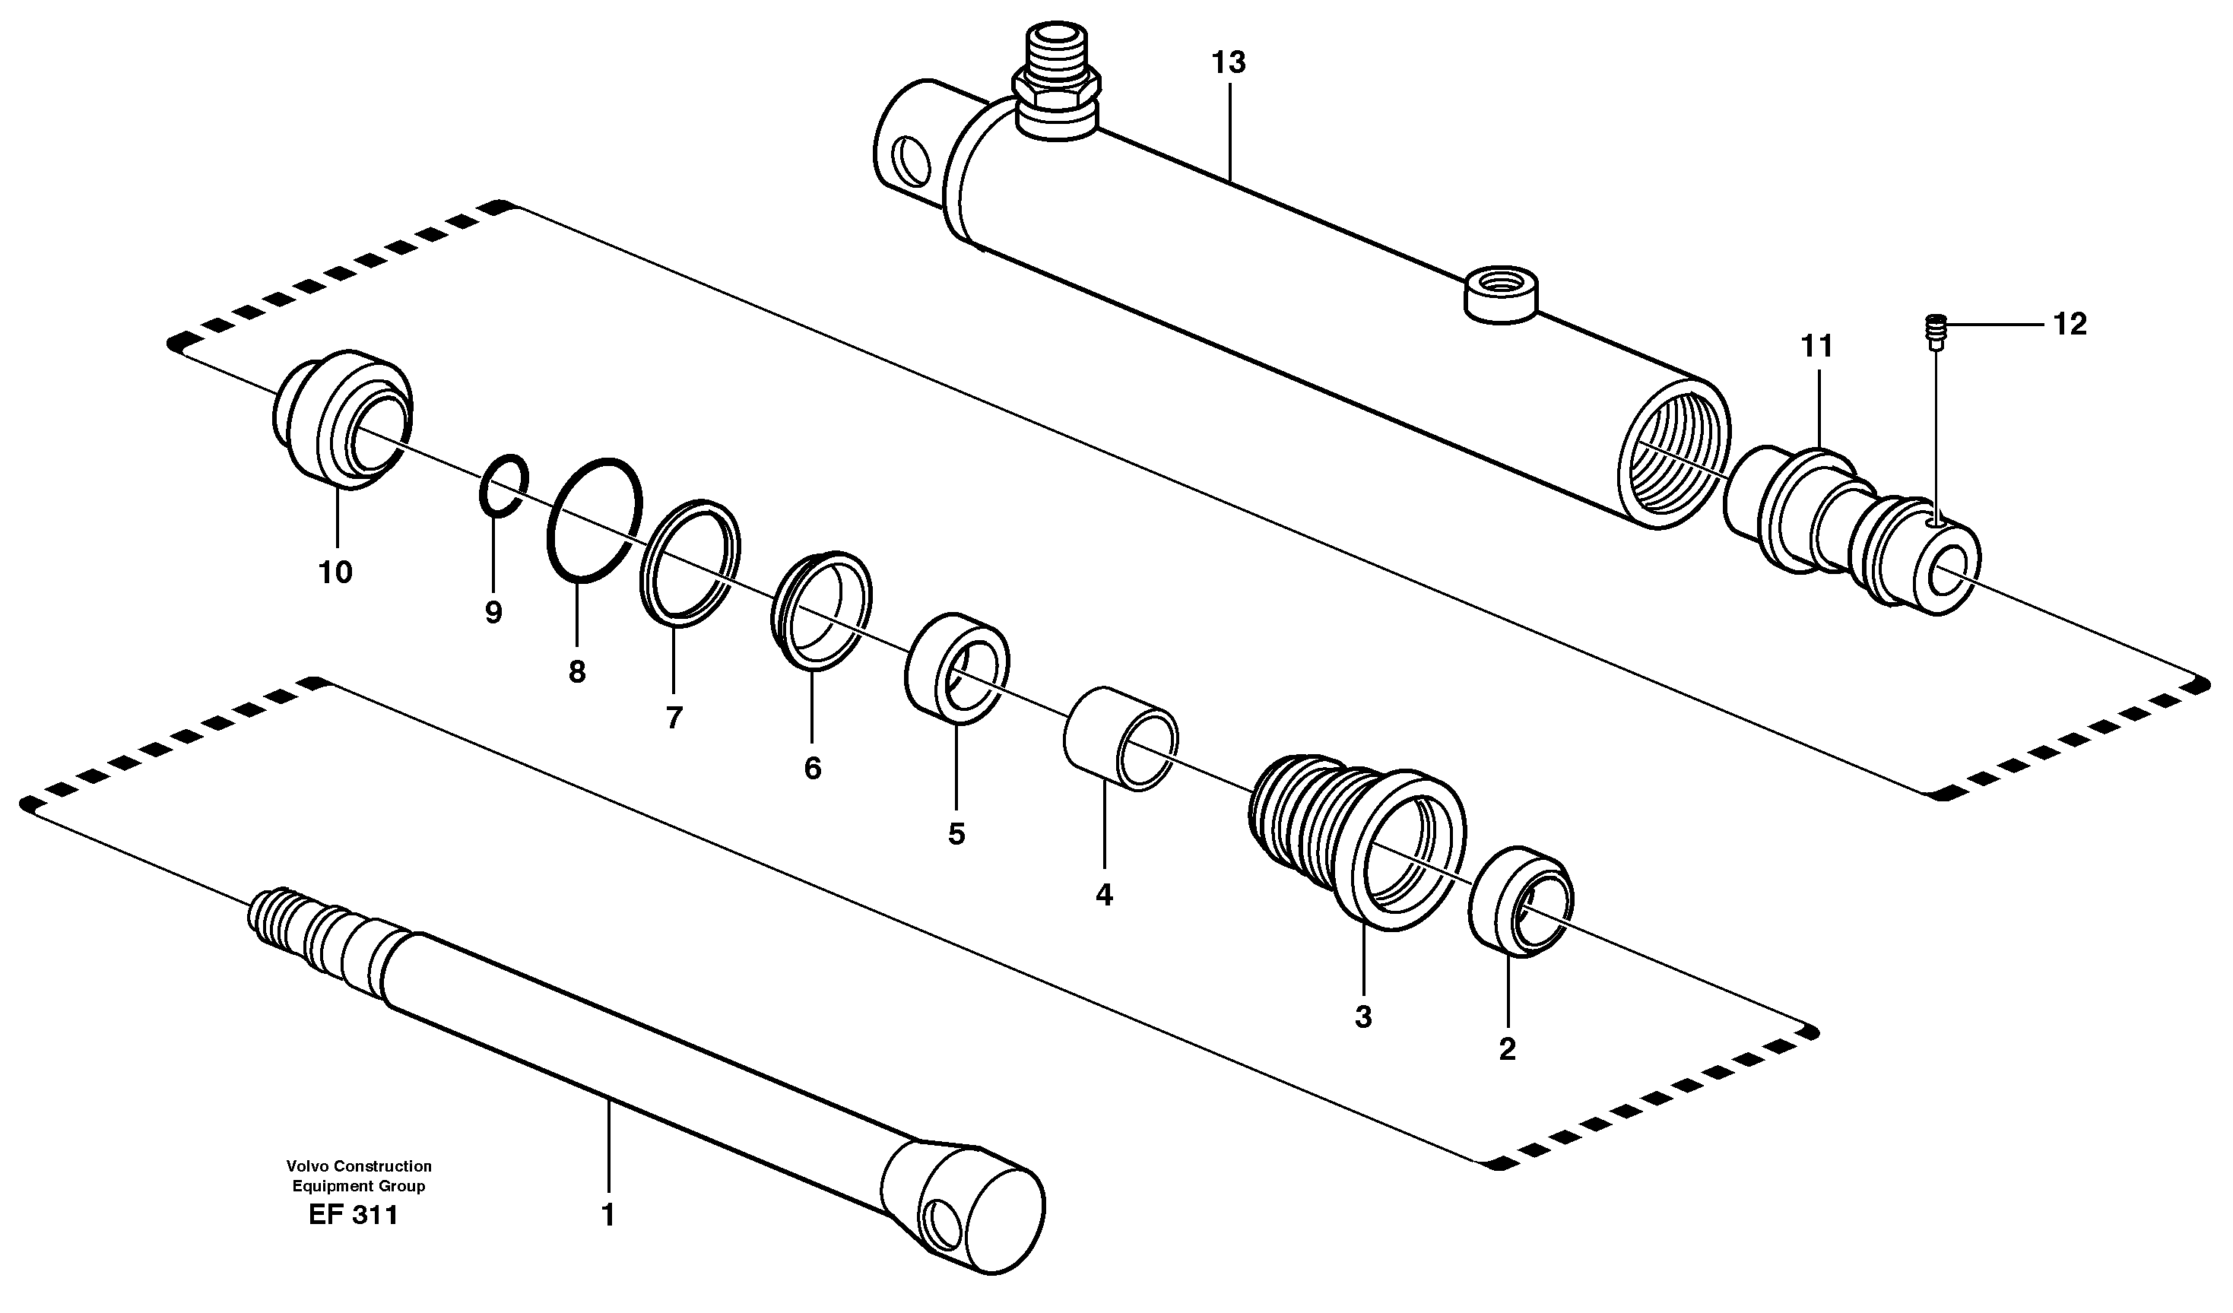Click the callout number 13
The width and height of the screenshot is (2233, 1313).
click(1229, 63)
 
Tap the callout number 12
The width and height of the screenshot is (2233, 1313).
click(2070, 325)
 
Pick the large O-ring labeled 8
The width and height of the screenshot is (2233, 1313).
click(593, 521)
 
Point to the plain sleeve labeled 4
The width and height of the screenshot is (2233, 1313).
click(1120, 738)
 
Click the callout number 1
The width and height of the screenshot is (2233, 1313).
click(608, 1216)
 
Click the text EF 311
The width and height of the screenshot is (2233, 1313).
click(354, 1215)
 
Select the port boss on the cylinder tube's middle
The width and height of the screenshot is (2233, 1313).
click(1500, 296)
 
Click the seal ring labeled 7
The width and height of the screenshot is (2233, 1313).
click(690, 562)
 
